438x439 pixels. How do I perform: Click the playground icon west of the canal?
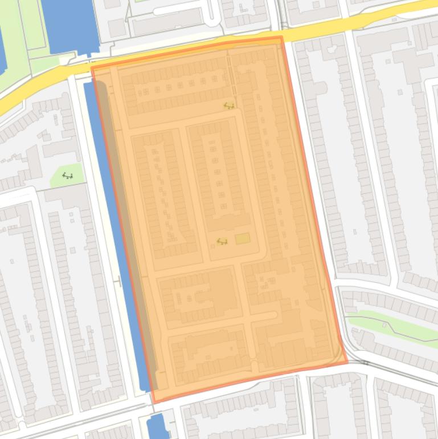pos(68,176)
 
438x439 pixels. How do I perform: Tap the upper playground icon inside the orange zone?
pos(229,105)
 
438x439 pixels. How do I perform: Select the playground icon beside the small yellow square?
pos(222,242)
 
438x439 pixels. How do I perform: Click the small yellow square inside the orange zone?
pos(242,239)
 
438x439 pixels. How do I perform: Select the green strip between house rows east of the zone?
pos(393,328)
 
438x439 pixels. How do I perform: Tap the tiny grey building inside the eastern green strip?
pos(384,326)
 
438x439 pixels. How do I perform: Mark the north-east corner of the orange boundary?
pos(281,38)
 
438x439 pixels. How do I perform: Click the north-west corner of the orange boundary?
pos(92,68)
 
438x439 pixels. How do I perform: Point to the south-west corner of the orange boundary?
pos(154,401)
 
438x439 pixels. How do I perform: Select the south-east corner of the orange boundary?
pos(347,361)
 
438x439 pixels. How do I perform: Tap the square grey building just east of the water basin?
pos(117,27)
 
